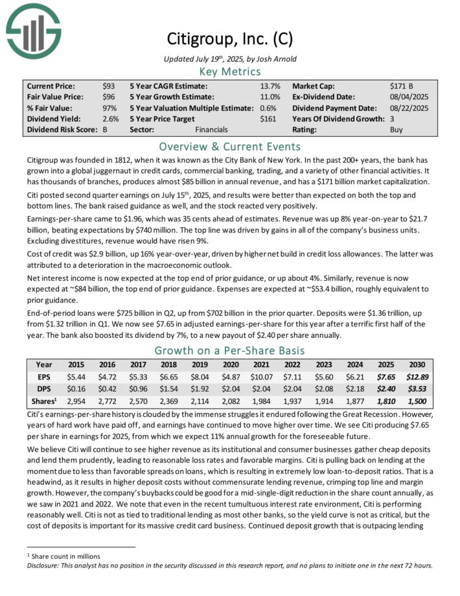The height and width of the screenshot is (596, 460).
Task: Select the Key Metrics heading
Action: click(229, 71)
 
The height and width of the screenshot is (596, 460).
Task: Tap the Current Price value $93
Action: click(109, 86)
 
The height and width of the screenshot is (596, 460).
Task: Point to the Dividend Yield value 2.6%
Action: click(110, 119)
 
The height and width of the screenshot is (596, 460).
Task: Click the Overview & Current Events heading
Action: click(229, 146)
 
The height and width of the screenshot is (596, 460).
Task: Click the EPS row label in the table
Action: click(45, 376)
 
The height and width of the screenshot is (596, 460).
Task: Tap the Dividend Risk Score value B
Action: click(105, 130)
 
